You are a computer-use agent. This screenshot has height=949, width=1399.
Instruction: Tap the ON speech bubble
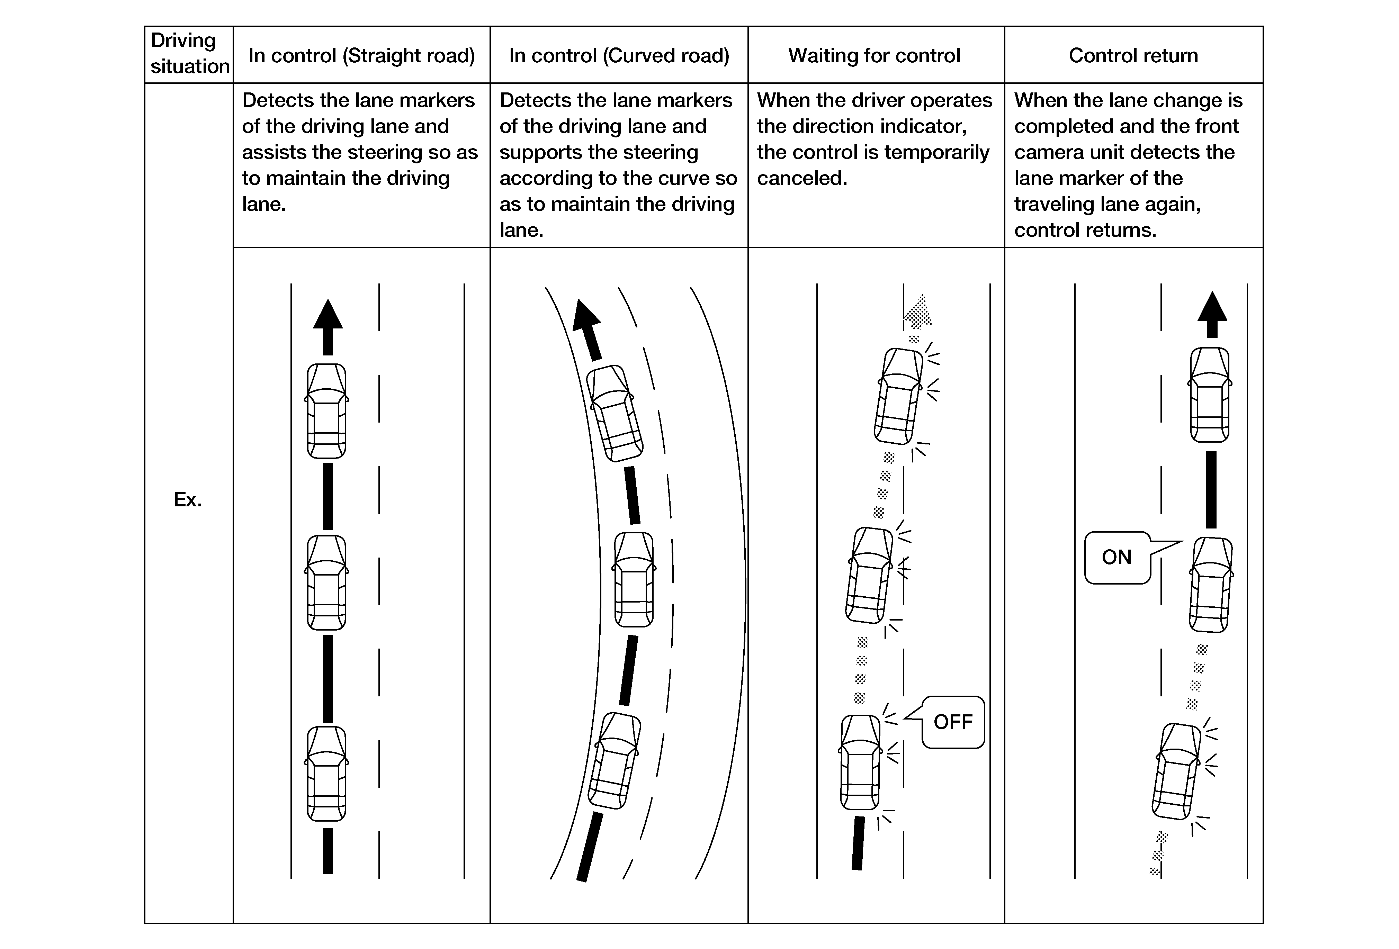[x=1116, y=557]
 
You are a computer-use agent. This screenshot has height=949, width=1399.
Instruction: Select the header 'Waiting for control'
[x=874, y=55]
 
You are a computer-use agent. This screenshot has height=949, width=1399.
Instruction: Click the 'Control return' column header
[x=1133, y=55]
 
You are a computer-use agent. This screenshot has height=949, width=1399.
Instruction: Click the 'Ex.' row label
[x=188, y=499]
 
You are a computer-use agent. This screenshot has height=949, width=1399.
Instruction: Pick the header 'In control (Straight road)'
[x=361, y=55]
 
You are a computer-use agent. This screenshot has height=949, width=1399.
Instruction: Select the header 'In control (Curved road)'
[x=619, y=55]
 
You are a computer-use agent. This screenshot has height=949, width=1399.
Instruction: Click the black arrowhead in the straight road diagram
[x=328, y=315]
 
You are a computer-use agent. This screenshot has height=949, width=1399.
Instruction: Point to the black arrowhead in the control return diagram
[x=1212, y=308]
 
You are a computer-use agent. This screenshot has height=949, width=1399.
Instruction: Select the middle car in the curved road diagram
[x=634, y=579]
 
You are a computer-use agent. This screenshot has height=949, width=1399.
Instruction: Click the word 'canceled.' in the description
[x=802, y=178]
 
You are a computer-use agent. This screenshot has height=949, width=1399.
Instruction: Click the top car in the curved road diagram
[x=614, y=414]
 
